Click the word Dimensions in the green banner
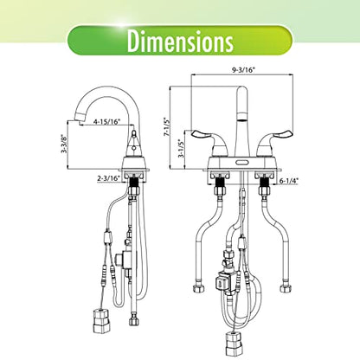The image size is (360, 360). [180, 41]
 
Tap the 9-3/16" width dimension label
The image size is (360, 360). [243, 70]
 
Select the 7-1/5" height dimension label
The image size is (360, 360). [166, 126]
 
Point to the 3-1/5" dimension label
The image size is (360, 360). [181, 148]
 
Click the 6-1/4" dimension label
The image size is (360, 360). [289, 181]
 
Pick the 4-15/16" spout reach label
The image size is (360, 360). [106, 122]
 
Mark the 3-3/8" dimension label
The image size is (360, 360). [64, 144]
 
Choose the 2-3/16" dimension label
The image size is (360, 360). [108, 178]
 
